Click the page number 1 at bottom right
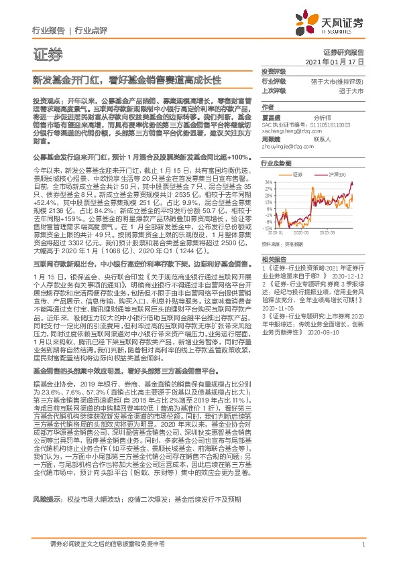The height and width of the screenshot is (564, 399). point(363,543)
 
